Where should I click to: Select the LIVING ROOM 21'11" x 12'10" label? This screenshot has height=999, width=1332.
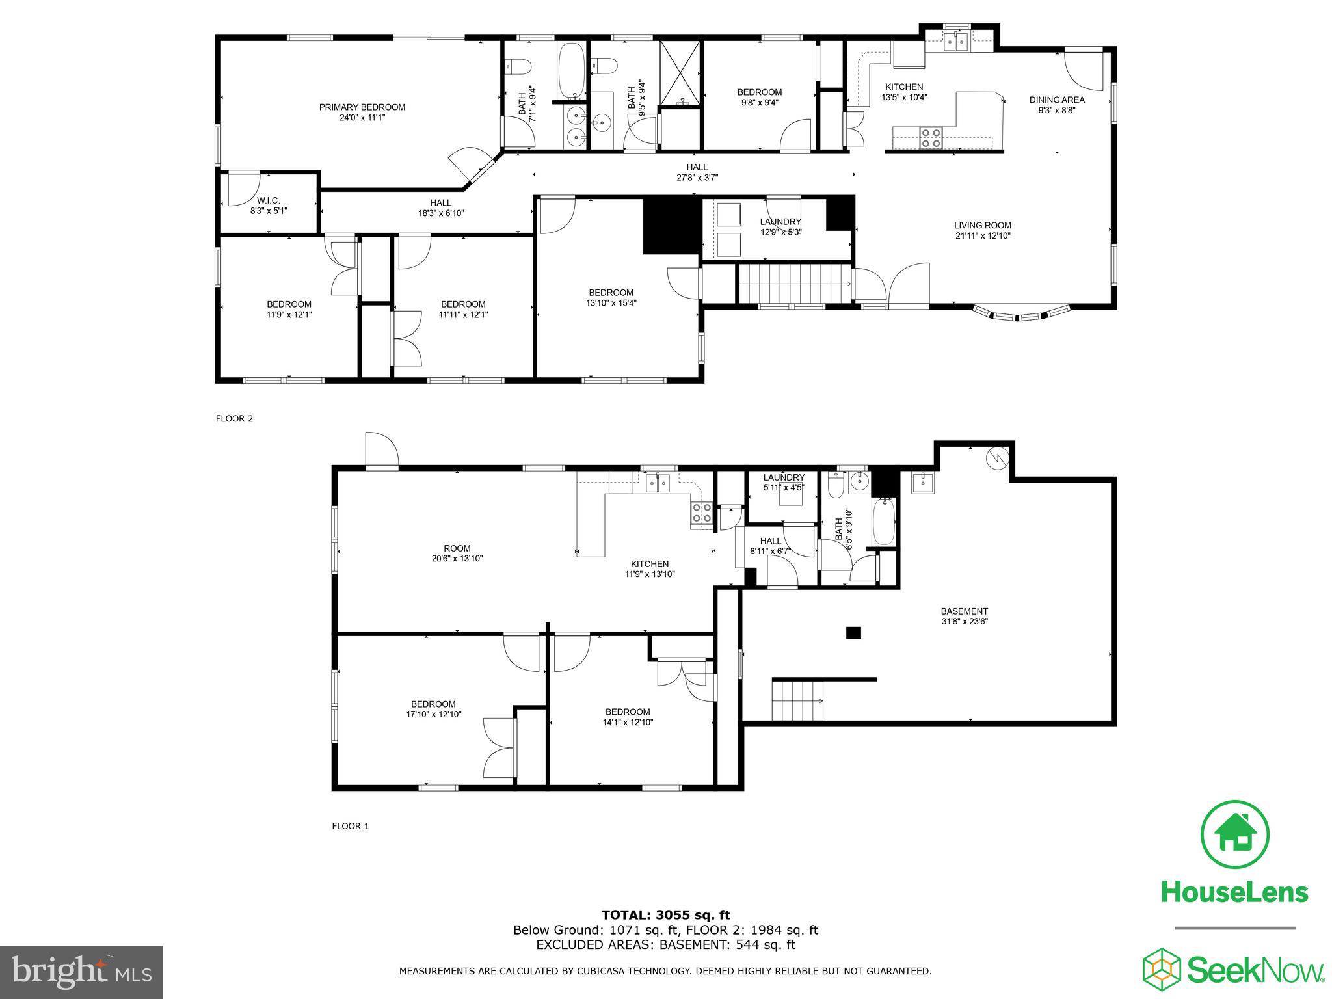click(x=982, y=230)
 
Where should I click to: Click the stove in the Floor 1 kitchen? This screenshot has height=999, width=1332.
click(x=701, y=513)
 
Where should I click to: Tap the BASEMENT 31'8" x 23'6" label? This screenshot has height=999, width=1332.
click(x=964, y=616)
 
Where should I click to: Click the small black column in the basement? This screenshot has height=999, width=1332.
click(x=853, y=632)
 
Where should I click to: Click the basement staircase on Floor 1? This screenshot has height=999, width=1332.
click(x=798, y=700)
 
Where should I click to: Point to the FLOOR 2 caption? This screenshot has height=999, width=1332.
click(x=234, y=418)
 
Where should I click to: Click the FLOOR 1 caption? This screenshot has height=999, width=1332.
click(x=351, y=826)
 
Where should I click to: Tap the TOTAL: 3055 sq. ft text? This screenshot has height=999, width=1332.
click(x=665, y=915)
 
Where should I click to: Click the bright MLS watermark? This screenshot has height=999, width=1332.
click(x=81, y=972)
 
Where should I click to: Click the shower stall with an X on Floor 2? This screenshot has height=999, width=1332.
click(x=681, y=73)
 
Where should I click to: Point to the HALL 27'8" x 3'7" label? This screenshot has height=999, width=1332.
click(x=697, y=172)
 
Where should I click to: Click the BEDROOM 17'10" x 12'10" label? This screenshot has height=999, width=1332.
click(x=433, y=709)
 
